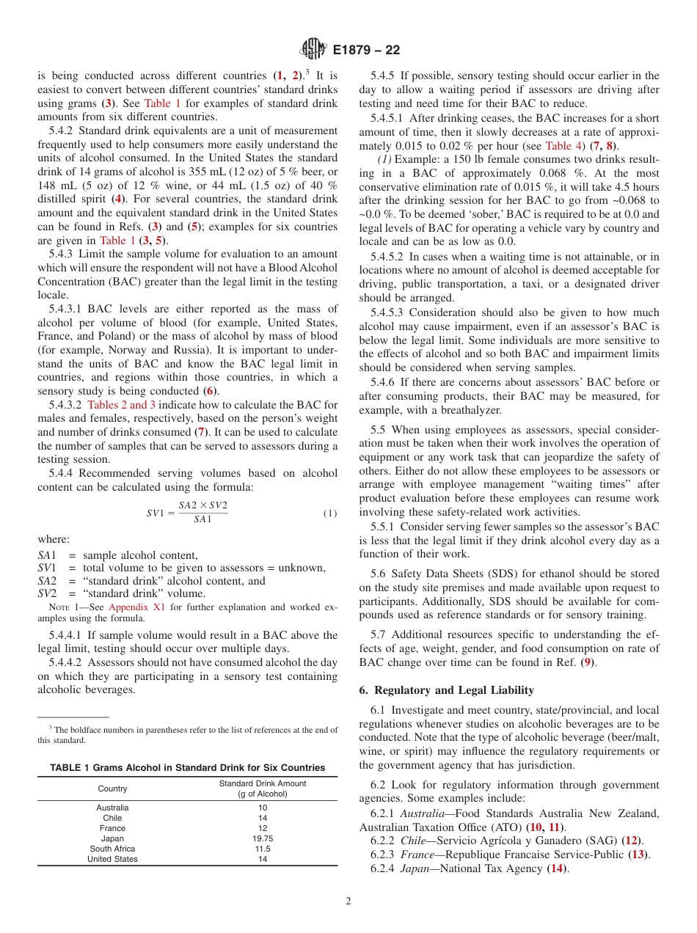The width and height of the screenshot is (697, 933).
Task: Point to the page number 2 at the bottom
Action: click(348, 901)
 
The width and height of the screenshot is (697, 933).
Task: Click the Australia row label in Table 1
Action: click(112, 808)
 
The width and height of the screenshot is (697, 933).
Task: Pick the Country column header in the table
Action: click(112, 789)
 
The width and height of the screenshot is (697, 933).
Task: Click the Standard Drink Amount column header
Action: click(263, 789)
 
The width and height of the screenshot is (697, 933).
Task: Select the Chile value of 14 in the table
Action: click(263, 818)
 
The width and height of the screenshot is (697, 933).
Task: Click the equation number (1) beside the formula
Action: click(330, 513)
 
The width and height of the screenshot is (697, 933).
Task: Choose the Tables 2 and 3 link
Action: click(121, 405)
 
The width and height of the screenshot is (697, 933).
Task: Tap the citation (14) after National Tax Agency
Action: click(558, 868)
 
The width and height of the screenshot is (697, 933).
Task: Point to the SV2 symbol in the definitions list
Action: click(48, 593)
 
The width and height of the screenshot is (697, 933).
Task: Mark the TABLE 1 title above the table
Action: click(187, 767)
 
